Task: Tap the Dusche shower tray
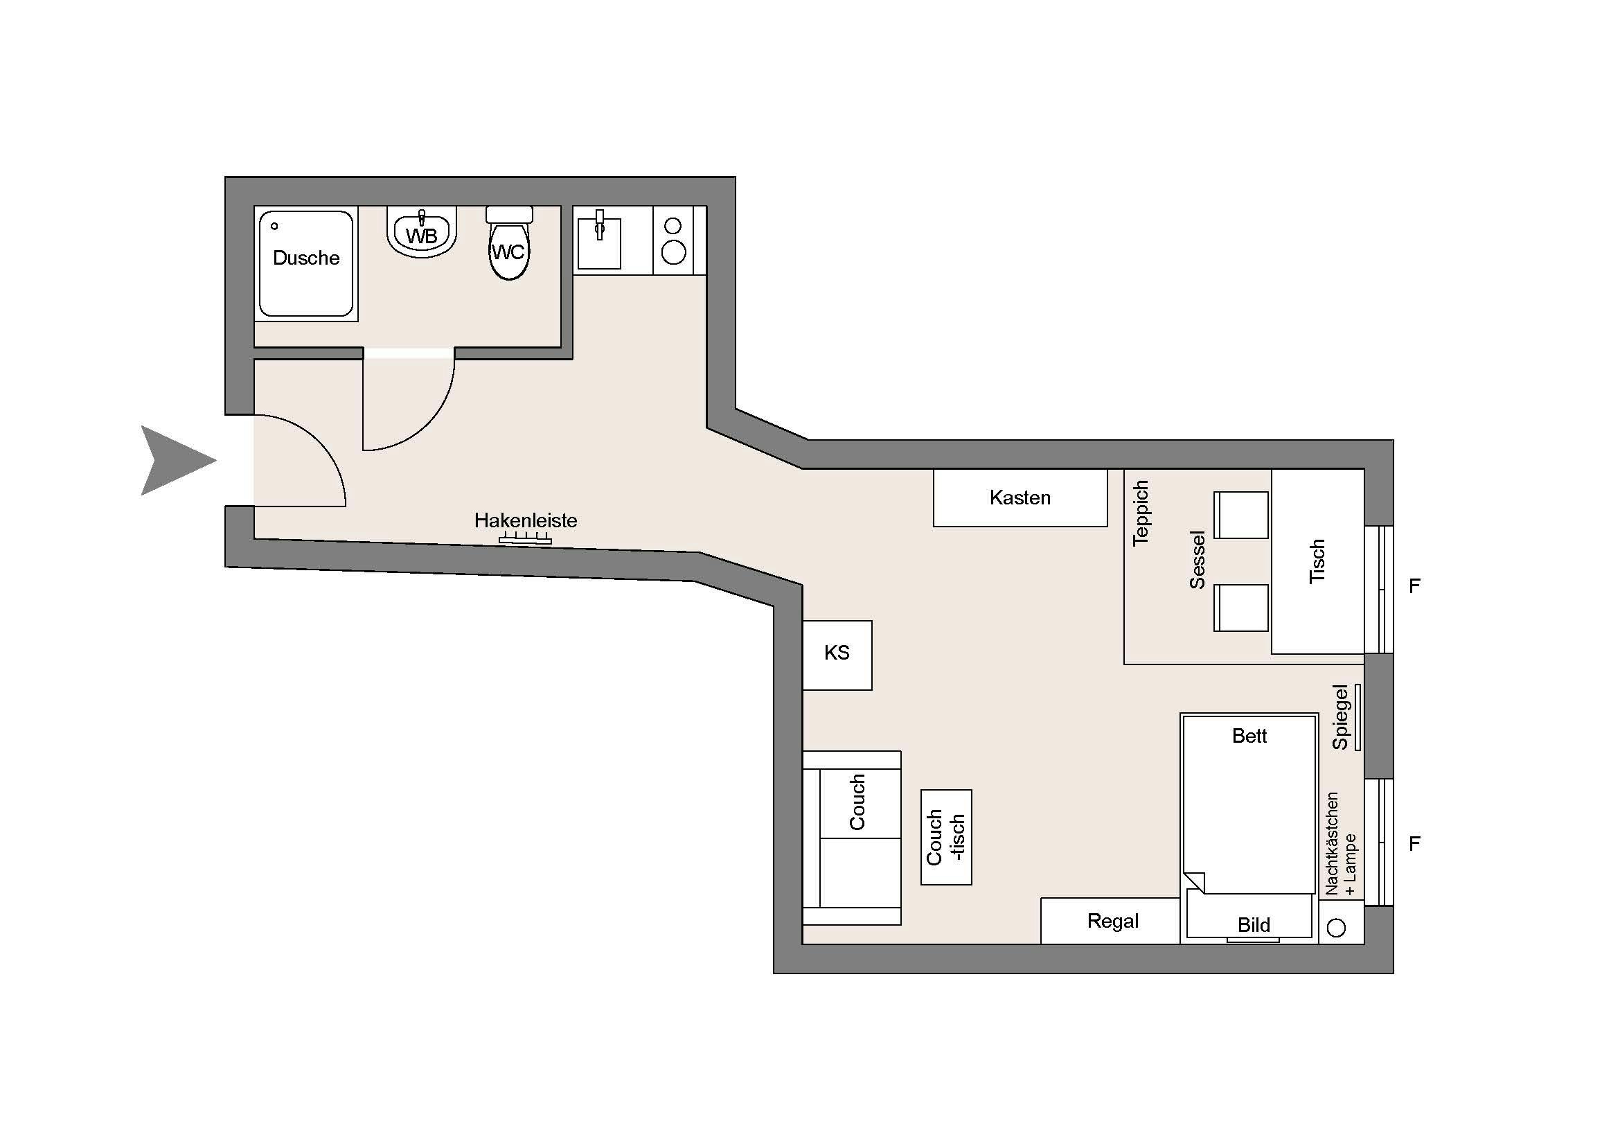pyautogui.click(x=306, y=264)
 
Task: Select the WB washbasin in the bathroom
pyautogui.click(x=421, y=231)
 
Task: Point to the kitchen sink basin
pyautogui.click(x=599, y=243)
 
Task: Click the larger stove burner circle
pyautogui.click(x=674, y=252)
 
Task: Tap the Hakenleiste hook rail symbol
pyautogui.click(x=525, y=540)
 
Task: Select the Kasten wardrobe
pyautogui.click(x=1020, y=497)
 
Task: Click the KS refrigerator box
pyautogui.click(x=837, y=655)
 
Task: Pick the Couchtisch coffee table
pyautogui.click(x=946, y=837)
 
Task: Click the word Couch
pyautogui.click(x=857, y=802)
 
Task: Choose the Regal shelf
pyautogui.click(x=1110, y=921)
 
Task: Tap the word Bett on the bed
pyautogui.click(x=1249, y=736)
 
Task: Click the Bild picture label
pyautogui.click(x=1254, y=924)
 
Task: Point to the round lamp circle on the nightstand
pyautogui.click(x=1336, y=928)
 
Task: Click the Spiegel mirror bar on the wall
pyautogui.click(x=1358, y=717)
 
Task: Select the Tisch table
pyautogui.click(x=1317, y=562)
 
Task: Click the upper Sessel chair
pyautogui.click(x=1241, y=515)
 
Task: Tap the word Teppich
pyautogui.click(x=1140, y=513)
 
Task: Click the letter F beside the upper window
pyautogui.click(x=1414, y=585)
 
